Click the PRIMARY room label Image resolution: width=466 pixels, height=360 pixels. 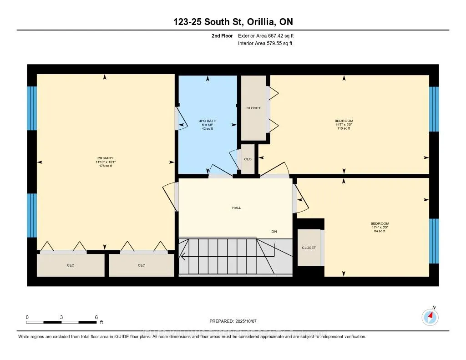[x=105, y=158]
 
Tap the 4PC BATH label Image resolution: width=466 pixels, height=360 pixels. [x=208, y=121]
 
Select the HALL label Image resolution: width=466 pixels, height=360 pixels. [x=236, y=208]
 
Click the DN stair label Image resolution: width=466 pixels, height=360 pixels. [x=274, y=232]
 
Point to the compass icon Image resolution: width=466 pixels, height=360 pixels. [x=430, y=316]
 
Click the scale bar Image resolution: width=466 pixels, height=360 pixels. [x=61, y=322]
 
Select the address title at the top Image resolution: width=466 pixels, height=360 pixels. [x=233, y=22]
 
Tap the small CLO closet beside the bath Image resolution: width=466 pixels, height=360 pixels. [x=248, y=159]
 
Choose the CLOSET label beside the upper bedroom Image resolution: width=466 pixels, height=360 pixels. [x=253, y=108]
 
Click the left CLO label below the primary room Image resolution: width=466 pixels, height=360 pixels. [x=71, y=265]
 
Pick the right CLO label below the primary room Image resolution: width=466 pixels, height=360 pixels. [x=142, y=265]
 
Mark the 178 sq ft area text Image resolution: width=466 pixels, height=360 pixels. [x=105, y=166]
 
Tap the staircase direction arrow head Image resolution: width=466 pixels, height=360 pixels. [x=182, y=258]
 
